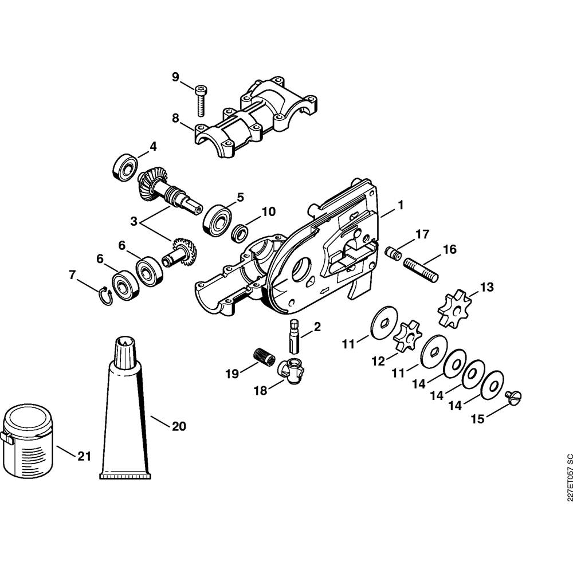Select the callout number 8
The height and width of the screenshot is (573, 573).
(176, 119)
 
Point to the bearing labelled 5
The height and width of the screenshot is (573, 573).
(217, 221)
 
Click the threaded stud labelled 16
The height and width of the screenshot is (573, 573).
(421, 270)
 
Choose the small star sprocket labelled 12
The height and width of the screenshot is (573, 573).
(407, 335)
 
